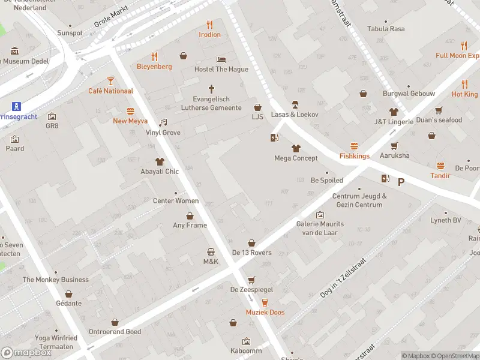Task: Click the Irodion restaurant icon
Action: (209, 25)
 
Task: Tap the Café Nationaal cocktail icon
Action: (110, 80)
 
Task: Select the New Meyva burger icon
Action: (130, 111)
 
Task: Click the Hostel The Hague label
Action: (221, 70)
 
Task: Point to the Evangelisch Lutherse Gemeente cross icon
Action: (211, 88)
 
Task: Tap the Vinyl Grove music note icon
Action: (163, 122)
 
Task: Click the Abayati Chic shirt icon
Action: (159, 161)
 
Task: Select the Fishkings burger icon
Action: (354, 146)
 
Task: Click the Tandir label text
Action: (440, 176)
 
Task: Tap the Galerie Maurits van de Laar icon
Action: (320, 214)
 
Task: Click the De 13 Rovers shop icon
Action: (251, 242)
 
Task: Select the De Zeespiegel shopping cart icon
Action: (251, 280)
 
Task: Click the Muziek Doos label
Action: (265, 313)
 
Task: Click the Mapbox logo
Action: (26, 353)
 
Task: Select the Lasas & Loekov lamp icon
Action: (295, 104)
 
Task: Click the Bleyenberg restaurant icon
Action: (154, 56)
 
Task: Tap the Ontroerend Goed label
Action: (115, 332)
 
